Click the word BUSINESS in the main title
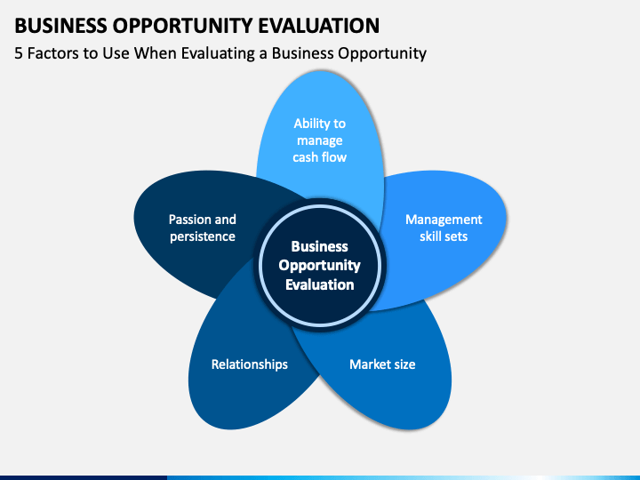[x=60, y=26]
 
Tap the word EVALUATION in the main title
[x=319, y=26]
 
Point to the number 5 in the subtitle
[x=19, y=53]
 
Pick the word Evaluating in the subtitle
[x=218, y=54]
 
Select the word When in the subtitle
[x=155, y=53]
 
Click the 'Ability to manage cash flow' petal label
[x=320, y=140]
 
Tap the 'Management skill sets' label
[x=444, y=228]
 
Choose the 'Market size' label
[x=382, y=364]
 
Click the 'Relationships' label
[x=250, y=364]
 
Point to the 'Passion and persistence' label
[x=203, y=228]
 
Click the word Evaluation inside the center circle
[x=320, y=284]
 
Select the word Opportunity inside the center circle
[x=320, y=266]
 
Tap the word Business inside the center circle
[x=320, y=246]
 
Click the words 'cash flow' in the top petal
[x=320, y=157]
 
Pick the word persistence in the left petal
[x=203, y=236]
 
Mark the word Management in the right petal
[x=444, y=220]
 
